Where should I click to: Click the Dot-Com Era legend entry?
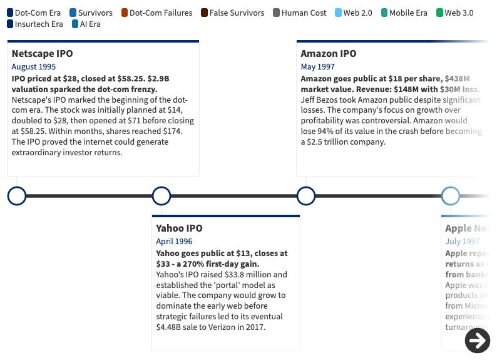pyautogui.click(x=34, y=13)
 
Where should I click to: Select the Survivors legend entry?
pyautogui.click(x=91, y=13)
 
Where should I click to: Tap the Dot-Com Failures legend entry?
pyautogui.click(x=156, y=13)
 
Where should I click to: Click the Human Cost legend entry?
pyautogui.click(x=300, y=13)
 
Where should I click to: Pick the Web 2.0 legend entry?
pyautogui.click(x=356, y=13)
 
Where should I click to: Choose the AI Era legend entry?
pyautogui.click(x=86, y=24)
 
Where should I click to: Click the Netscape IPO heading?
pyautogui.click(x=42, y=54)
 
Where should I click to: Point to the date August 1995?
pyautogui.click(x=33, y=66)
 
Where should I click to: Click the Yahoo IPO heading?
pyautogui.click(x=179, y=229)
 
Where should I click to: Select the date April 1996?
pyautogui.click(x=174, y=241)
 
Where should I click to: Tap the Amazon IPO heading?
pyautogui.click(x=328, y=54)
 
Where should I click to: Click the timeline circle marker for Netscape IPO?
pyautogui.click(x=17, y=196)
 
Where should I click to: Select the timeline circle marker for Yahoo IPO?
pyautogui.click(x=161, y=196)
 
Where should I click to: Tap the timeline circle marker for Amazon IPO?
pyautogui.click(x=305, y=196)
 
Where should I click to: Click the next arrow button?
pyautogui.click(x=478, y=341)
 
